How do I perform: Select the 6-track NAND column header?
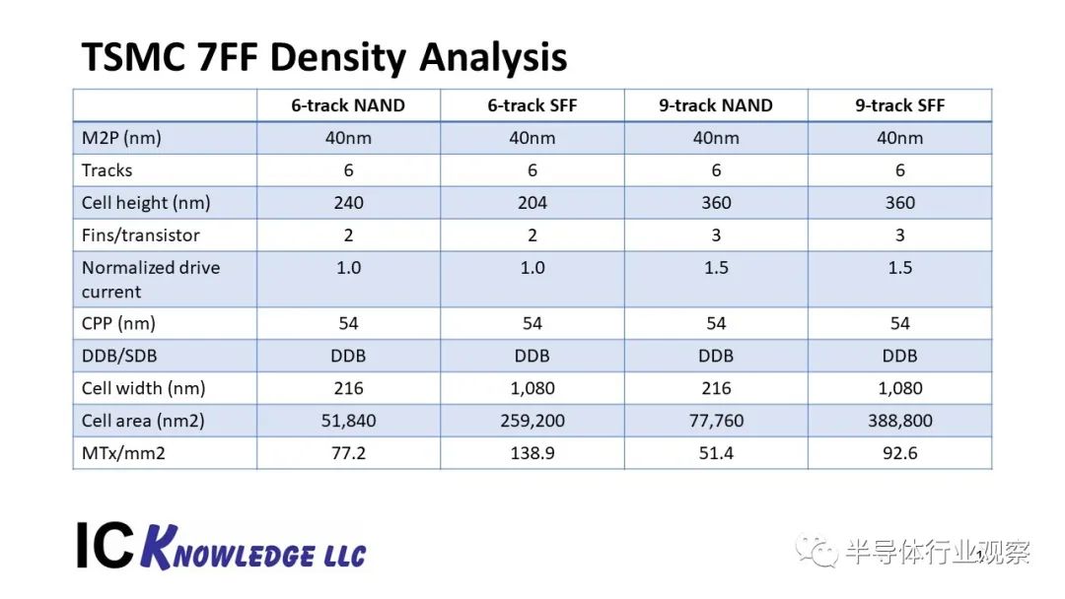tap(348, 105)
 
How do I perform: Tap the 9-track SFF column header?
tap(899, 105)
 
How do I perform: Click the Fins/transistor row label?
tap(141, 234)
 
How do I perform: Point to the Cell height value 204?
tap(532, 203)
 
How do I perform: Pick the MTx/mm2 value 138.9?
tap(532, 452)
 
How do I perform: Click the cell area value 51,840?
tap(348, 421)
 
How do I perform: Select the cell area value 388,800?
tap(899, 421)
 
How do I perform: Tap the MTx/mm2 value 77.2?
tap(348, 452)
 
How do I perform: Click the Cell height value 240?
tap(348, 203)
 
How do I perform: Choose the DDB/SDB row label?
tap(119, 356)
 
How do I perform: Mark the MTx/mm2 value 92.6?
tap(899, 452)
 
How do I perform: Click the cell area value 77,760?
tap(716, 421)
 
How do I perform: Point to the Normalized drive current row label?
tap(151, 280)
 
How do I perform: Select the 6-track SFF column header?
tap(532, 105)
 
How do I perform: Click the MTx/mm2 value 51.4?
tap(716, 452)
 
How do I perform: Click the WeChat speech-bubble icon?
tap(816, 551)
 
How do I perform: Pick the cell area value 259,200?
tap(532, 421)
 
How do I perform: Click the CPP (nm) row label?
tap(118, 323)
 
